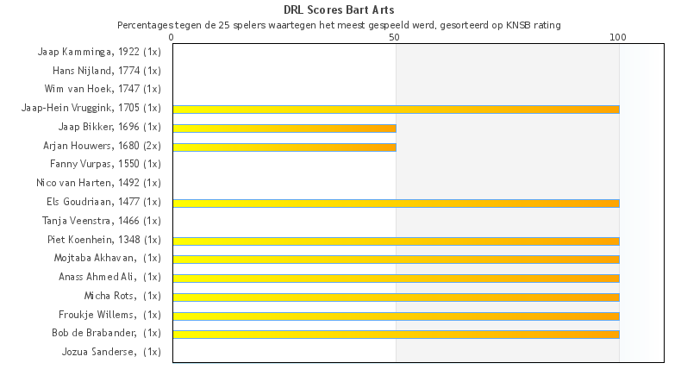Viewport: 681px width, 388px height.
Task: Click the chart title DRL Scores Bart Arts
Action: pyautogui.click(x=340, y=10)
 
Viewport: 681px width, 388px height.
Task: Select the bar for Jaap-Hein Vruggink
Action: pyautogui.click(x=396, y=110)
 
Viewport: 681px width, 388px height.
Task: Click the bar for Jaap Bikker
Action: pyautogui.click(x=284, y=128)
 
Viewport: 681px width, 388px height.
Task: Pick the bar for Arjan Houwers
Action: pyautogui.click(x=284, y=147)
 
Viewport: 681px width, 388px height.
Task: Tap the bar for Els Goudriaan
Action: pyautogui.click(x=396, y=203)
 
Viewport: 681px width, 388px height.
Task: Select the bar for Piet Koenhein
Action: pyautogui.click(x=396, y=241)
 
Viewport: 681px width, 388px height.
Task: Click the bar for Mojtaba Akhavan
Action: pyautogui.click(x=396, y=259)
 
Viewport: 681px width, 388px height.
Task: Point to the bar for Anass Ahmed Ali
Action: pyautogui.click(x=396, y=278)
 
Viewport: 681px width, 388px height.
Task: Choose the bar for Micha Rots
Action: pyautogui.click(x=396, y=297)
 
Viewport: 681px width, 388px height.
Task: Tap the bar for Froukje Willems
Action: pyautogui.click(x=396, y=316)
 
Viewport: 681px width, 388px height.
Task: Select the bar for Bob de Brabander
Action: pyautogui.click(x=396, y=334)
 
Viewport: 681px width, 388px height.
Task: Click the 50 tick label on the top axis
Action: pyautogui.click(x=395, y=37)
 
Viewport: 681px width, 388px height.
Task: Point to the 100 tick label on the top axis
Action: pyautogui.click(x=618, y=37)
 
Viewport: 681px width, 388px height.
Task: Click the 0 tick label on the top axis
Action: pyautogui.click(x=172, y=37)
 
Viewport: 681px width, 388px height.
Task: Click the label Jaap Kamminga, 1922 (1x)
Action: pyautogui.click(x=99, y=52)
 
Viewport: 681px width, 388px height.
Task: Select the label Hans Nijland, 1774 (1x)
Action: pyautogui.click(x=107, y=71)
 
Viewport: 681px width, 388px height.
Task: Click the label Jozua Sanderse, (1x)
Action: pyautogui.click(x=111, y=352)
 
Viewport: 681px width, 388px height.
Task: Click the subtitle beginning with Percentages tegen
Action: pyautogui.click(x=339, y=25)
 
